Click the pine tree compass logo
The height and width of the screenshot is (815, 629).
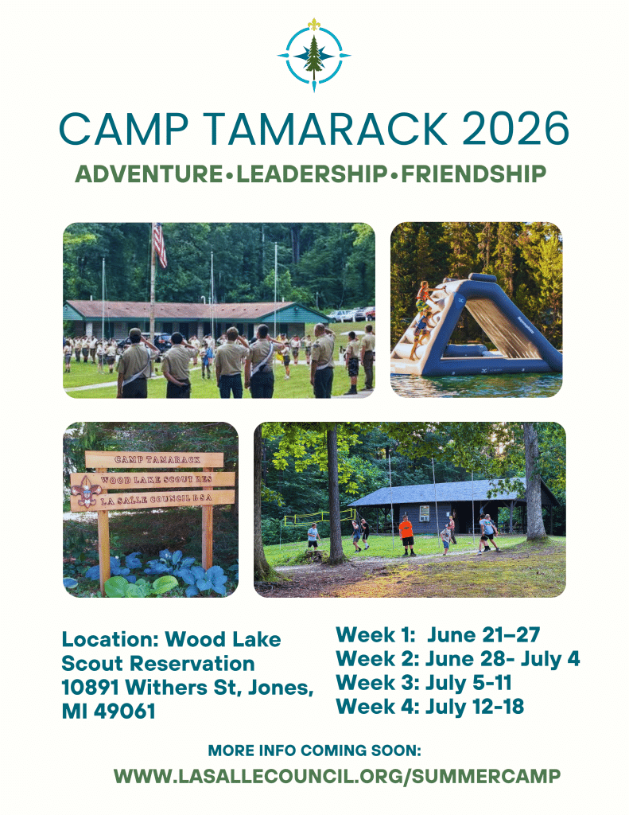314,55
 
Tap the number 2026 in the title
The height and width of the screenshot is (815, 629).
514,128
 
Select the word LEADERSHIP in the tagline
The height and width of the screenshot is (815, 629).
312,174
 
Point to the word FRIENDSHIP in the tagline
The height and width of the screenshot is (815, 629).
473,174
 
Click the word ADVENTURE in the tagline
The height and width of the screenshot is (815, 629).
149,174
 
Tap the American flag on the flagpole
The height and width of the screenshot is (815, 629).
160,244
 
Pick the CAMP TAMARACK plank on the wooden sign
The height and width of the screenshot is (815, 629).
154,459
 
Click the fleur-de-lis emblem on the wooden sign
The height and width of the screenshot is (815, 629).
84,492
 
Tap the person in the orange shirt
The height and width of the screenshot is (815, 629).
406,535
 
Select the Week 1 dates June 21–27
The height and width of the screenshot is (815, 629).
483,634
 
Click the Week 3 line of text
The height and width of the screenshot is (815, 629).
424,682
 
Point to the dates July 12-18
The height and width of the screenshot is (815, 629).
475,707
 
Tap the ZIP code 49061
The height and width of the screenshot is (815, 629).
125,711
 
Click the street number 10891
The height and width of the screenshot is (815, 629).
91,687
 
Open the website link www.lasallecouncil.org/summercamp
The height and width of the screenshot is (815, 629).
337,776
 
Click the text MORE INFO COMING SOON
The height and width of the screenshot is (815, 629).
314,751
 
